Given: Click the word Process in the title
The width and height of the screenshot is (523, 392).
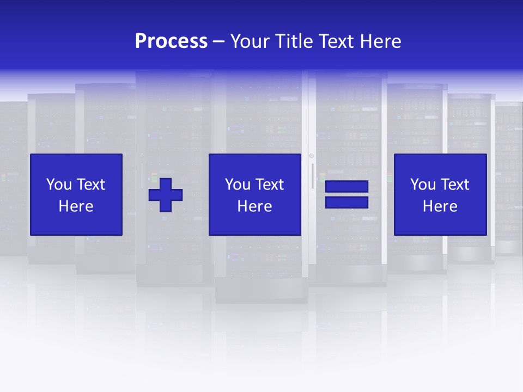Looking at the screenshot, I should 171,41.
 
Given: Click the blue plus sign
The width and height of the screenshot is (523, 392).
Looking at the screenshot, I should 166,195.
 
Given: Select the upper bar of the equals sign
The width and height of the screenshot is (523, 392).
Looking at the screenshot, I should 346,187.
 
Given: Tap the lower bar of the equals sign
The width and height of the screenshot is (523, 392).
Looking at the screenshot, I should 346,203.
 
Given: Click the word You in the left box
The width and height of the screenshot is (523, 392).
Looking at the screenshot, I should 59,185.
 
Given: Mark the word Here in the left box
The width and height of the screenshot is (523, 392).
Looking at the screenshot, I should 76,206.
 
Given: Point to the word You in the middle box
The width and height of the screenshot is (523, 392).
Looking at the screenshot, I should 238,185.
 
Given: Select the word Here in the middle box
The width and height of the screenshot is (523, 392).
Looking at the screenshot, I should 254,206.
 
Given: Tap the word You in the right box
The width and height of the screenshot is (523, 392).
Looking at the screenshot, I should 423,185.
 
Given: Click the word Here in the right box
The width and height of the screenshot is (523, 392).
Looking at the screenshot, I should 440,206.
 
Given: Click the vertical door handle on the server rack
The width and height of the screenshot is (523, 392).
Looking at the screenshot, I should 312,175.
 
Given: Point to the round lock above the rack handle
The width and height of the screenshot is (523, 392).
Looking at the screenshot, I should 312,156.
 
